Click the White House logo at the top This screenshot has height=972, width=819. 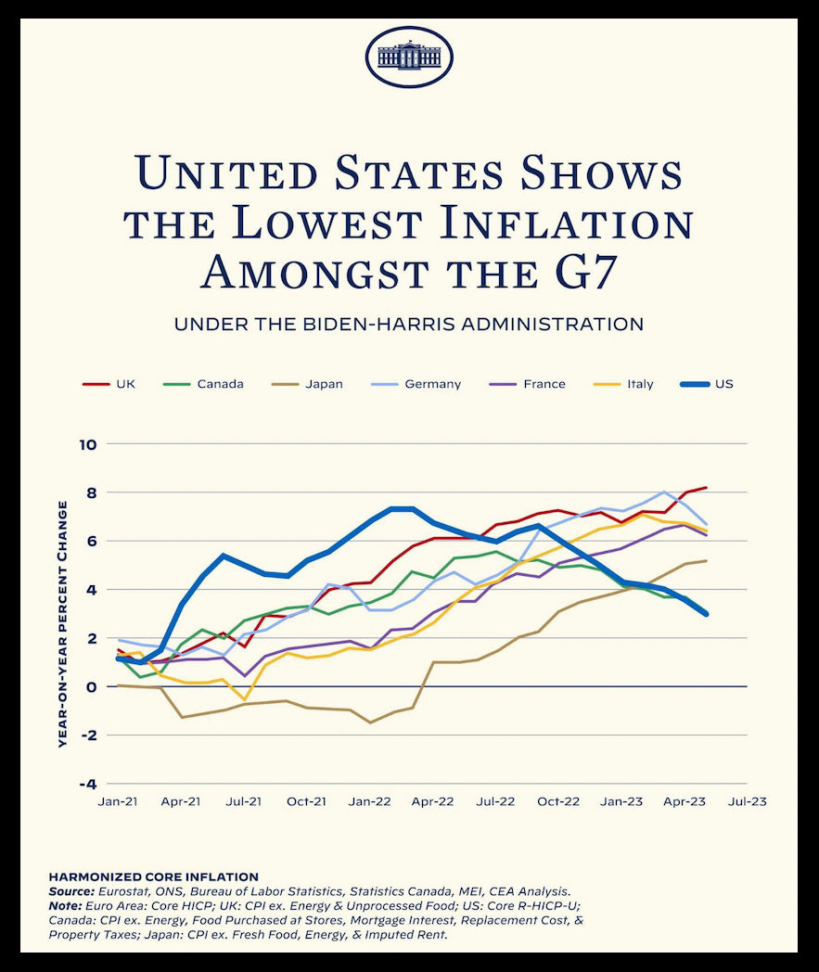pos(409,57)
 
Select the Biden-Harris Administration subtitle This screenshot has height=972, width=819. pos(409,325)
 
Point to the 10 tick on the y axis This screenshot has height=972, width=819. pos(88,444)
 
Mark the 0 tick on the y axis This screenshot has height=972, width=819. pos(91,686)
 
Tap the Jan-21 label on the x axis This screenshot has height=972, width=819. pos(117,800)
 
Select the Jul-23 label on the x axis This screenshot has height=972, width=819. pos(747,800)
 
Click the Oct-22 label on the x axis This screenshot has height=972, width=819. pos(558,800)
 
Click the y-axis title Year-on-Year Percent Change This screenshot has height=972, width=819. pos(63,623)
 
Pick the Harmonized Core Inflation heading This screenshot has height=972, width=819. pos(153,876)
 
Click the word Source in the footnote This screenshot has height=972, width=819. pos(70,890)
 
